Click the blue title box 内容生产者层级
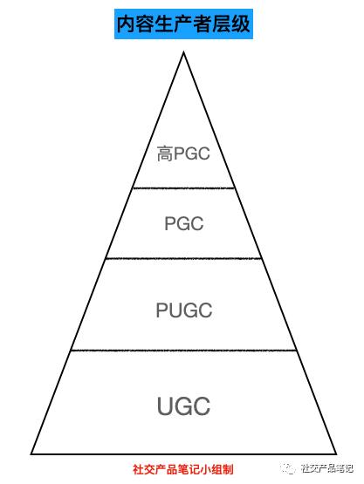183,24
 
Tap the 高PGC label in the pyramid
183,153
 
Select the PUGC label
184,310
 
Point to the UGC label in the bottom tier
183,406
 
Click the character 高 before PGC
165,153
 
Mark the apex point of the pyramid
183,51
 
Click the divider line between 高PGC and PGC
183,188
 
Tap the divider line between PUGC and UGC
183,351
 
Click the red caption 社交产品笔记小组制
183,469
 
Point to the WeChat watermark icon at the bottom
288,468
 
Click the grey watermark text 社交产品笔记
327,468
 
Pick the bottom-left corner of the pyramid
31,454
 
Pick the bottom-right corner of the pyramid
336,454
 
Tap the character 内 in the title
126,24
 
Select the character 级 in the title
241,24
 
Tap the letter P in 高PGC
179,153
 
